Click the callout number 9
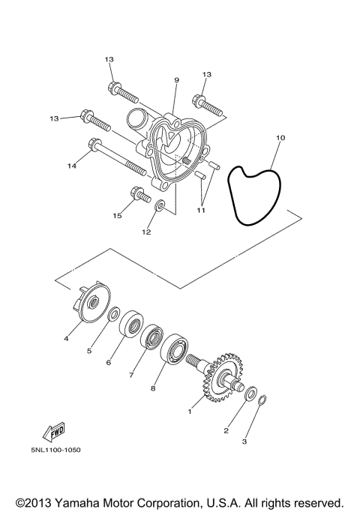tap(176, 80)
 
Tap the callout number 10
tap(280, 138)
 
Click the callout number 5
tap(88, 349)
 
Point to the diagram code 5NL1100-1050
tap(55, 471)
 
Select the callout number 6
tap(109, 362)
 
